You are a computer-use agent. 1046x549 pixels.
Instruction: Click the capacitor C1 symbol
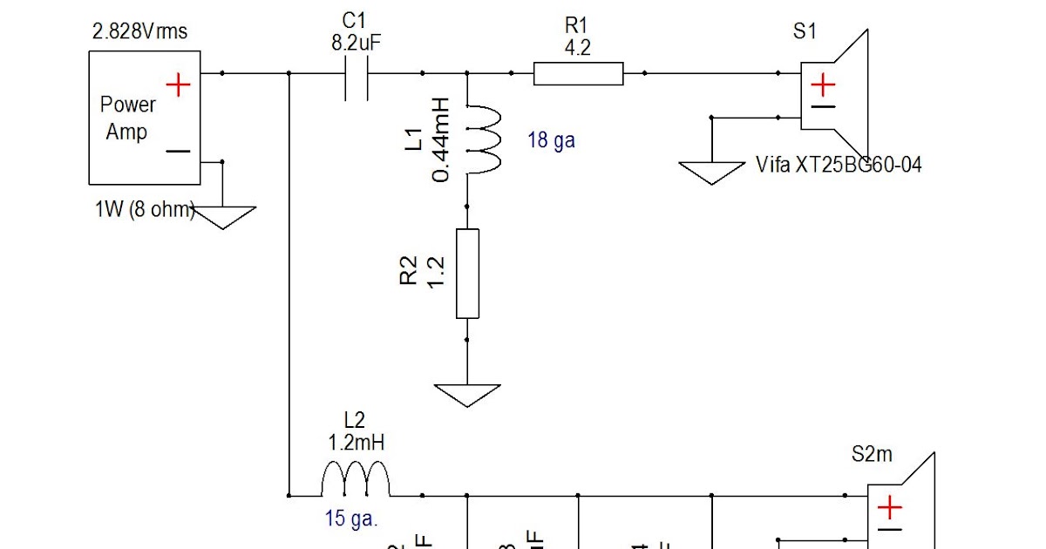pyautogui.click(x=356, y=74)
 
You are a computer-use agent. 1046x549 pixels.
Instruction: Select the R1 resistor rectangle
pyautogui.click(x=578, y=74)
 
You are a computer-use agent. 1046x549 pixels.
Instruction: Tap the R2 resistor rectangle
pyautogui.click(x=467, y=274)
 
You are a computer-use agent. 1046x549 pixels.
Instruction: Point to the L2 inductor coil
pyautogui.click(x=355, y=480)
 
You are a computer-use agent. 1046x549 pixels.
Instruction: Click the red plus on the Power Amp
pyautogui.click(x=178, y=85)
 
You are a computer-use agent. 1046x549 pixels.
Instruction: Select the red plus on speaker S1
pyautogui.click(x=823, y=85)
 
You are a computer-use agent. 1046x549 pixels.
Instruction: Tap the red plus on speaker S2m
pyautogui.click(x=889, y=507)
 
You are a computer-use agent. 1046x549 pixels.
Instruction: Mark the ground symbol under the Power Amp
pyautogui.click(x=223, y=217)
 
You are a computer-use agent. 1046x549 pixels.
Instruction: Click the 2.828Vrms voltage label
pyautogui.click(x=139, y=33)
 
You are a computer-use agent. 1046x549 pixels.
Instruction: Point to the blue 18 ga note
pyautogui.click(x=551, y=139)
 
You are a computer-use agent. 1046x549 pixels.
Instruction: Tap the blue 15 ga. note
pyautogui.click(x=351, y=519)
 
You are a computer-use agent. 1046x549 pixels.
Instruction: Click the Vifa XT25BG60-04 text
pyautogui.click(x=839, y=164)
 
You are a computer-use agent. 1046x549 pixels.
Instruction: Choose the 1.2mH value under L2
pyautogui.click(x=355, y=443)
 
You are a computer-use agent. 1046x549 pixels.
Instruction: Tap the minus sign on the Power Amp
pyautogui.click(x=178, y=151)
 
